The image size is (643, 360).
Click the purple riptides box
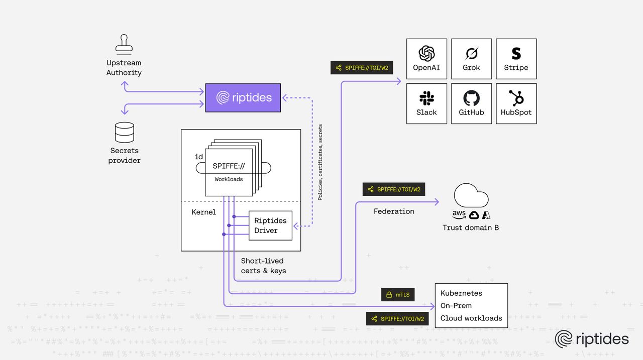[243, 97]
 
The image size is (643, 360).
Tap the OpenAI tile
[426, 59]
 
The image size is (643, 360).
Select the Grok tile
[471, 59]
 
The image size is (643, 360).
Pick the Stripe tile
[516, 59]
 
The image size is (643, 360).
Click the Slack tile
[426, 103]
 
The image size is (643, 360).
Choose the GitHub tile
[471, 103]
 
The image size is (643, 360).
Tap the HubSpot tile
[516, 103]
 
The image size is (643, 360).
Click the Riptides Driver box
[270, 225]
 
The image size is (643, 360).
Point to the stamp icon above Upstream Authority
[124, 45]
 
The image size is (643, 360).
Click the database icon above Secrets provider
[125, 132]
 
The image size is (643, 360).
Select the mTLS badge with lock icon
[397, 295]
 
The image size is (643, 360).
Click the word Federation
[394, 211]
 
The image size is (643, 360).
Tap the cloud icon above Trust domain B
[471, 196]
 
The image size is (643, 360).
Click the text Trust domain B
[470, 227]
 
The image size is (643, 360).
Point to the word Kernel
[203, 212]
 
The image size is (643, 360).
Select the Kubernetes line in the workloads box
[461, 293]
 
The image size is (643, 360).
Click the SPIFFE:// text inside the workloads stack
[229, 166]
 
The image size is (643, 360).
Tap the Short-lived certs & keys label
[263, 266]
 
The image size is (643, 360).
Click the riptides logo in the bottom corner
[591, 339]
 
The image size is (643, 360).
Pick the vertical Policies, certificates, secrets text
[320, 162]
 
